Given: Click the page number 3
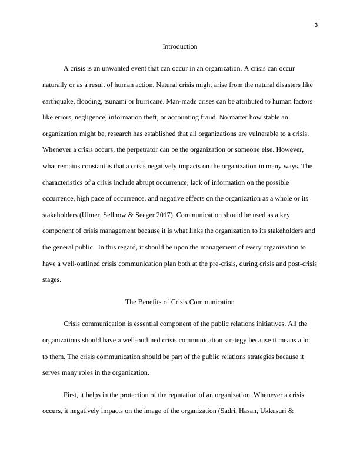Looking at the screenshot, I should tap(316, 25).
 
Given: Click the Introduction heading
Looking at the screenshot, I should tap(179, 46).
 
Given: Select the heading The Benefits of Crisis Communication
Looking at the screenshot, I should tap(179, 302).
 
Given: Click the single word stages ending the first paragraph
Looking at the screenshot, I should tap(52, 279).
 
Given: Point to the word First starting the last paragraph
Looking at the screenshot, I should tap(72, 395).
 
